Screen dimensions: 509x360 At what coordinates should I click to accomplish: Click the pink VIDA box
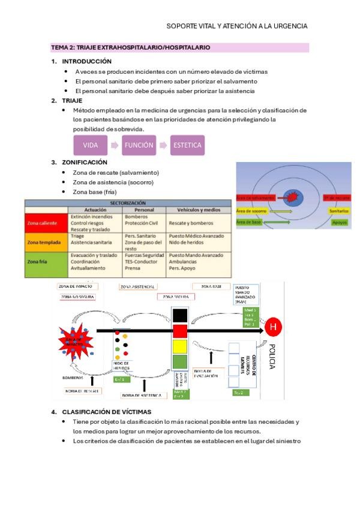coord(90,145)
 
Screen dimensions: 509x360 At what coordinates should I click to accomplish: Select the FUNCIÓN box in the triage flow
coord(139,145)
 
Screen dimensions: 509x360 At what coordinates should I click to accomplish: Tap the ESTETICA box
coord(187,145)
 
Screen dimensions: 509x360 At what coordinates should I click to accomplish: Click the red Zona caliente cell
coord(46,223)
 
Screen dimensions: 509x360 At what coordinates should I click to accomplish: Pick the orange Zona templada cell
coord(46,242)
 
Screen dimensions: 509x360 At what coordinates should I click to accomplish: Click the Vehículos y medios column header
coord(198,210)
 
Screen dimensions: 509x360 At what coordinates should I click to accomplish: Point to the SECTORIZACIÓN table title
coord(127,203)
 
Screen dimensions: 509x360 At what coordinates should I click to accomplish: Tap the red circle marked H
coord(273,327)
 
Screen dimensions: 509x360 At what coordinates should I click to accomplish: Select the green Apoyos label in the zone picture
coord(340,222)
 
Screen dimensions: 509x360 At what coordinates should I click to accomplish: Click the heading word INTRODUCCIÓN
coord(87,61)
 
